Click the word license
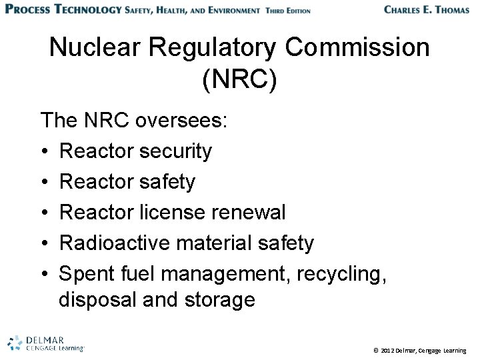pyautogui.click(x=175, y=213)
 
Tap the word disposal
pyautogui.click(x=99, y=299)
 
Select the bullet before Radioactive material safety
pyautogui.click(x=45, y=243)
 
